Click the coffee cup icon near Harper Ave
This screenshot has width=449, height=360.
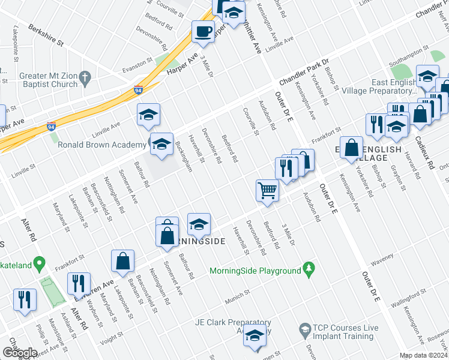click(203, 31)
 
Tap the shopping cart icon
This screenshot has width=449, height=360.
click(267, 191)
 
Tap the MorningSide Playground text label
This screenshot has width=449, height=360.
click(255, 271)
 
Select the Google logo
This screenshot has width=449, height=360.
click(19, 353)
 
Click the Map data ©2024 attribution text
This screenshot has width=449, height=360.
click(424, 355)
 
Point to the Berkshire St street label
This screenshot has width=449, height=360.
click(45, 36)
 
